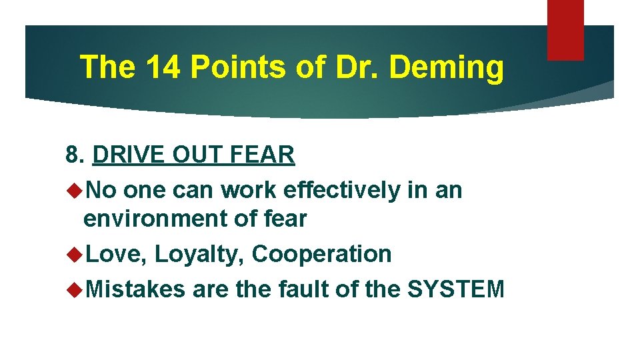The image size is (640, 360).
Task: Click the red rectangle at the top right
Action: [x=565, y=30]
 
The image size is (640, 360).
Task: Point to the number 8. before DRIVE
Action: [x=75, y=155]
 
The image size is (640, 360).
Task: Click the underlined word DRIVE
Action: [x=129, y=155]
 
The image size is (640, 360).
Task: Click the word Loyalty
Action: [x=200, y=254]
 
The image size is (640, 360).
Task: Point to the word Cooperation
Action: [x=321, y=254]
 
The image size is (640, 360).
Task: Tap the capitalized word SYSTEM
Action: [x=455, y=289]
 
